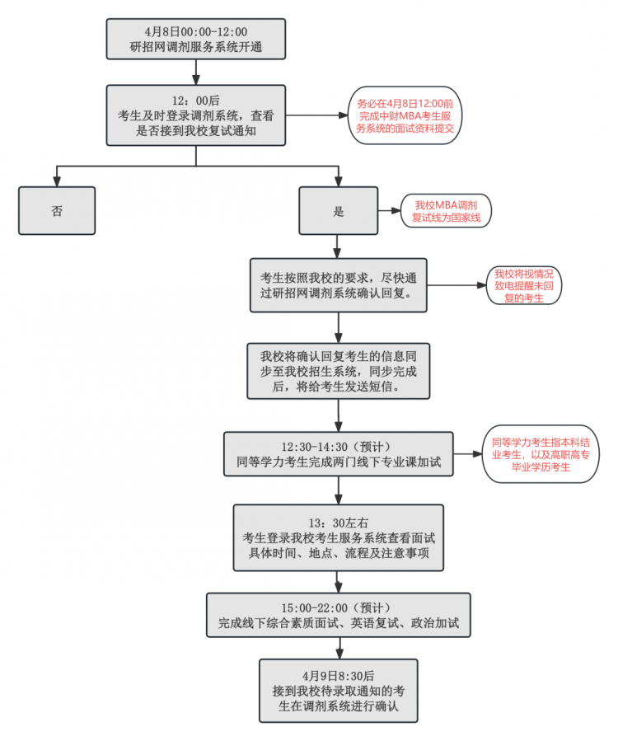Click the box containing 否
pos(57,211)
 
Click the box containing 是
pos(338,211)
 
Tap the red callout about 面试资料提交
pos(405,116)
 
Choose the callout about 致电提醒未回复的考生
pos(524,285)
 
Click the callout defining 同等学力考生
pos(541,454)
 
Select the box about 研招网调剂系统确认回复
pos(339,285)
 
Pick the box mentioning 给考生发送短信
pos(338,372)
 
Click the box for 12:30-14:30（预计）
pos(339,454)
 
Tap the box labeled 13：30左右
pos(338,537)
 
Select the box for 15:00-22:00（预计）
pos(338,615)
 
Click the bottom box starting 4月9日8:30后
pos(338,691)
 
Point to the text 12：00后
pos(196,99)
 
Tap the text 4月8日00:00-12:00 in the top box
pos(195,30)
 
